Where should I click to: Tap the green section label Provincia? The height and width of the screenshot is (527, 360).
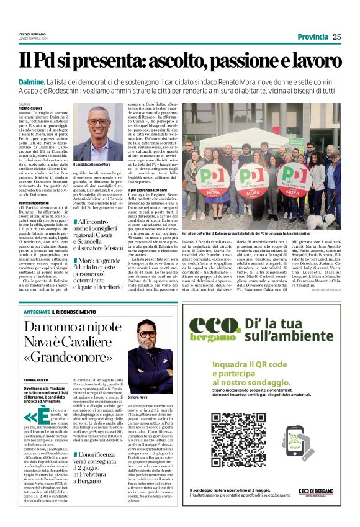312,37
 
